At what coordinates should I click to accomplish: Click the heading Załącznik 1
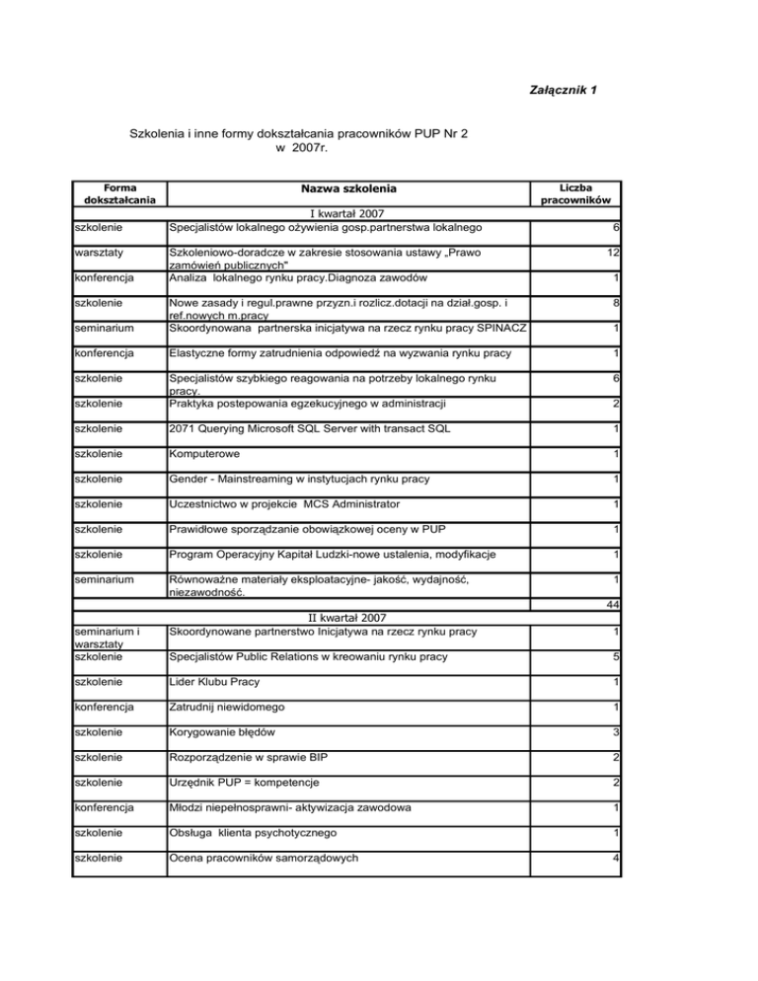point(566,92)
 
